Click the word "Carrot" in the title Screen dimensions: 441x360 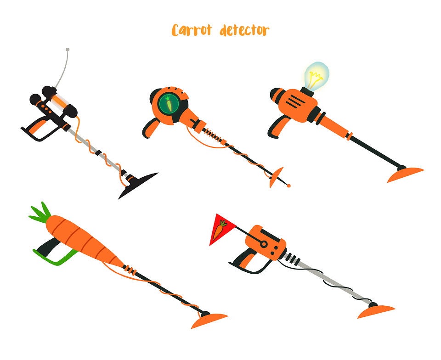[192, 30]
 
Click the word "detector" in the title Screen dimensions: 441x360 [244, 30]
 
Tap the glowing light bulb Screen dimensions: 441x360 [317, 76]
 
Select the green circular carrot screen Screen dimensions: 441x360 [169, 103]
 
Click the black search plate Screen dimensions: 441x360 [138, 186]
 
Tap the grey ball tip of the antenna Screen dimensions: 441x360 [68, 50]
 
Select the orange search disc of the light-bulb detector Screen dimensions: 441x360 [405, 174]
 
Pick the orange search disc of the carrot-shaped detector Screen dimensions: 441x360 [209, 321]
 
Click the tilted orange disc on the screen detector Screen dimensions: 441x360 [276, 177]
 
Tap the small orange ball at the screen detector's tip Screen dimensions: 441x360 [288, 186]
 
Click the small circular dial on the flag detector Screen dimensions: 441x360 [264, 244]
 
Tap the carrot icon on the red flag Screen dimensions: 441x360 [220, 230]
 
